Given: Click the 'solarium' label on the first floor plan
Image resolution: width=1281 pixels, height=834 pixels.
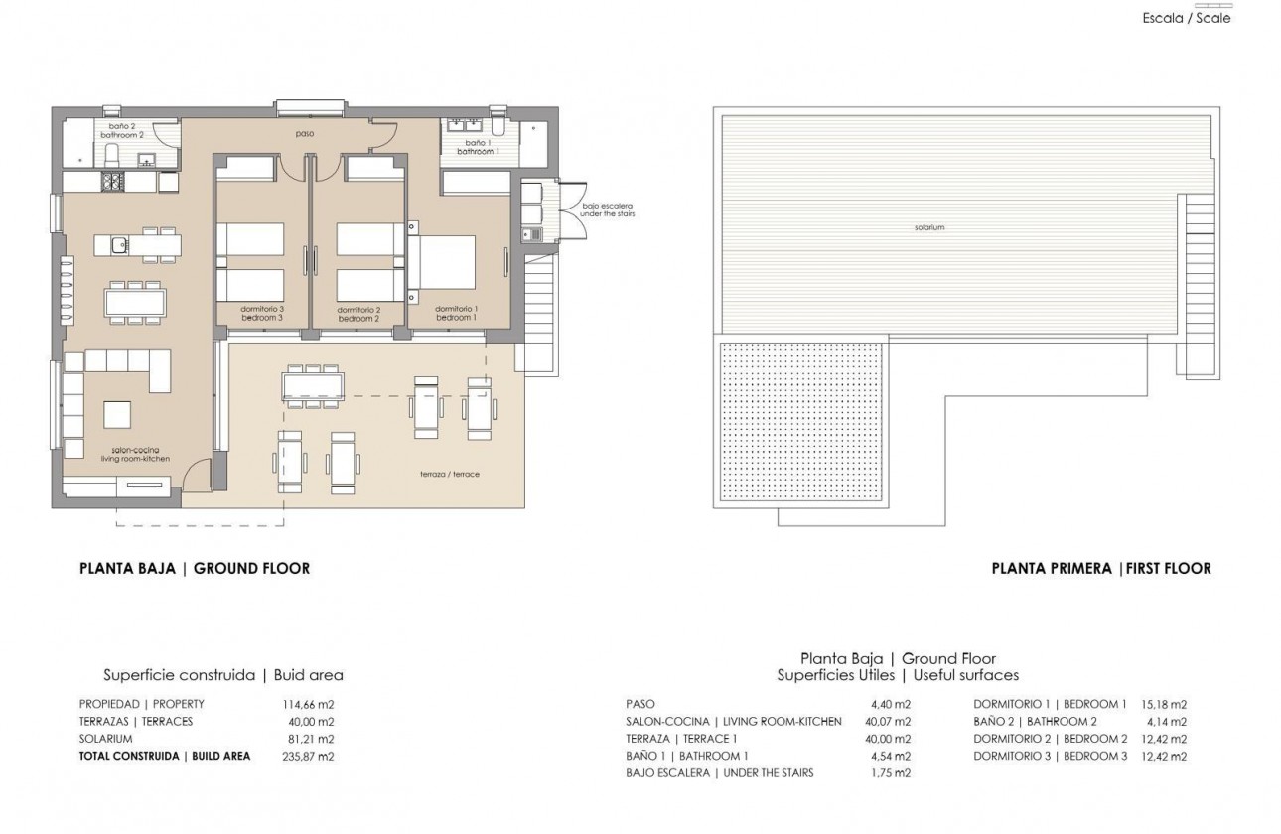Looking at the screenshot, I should [929, 227].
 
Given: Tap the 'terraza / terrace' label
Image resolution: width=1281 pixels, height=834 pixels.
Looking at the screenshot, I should [450, 475].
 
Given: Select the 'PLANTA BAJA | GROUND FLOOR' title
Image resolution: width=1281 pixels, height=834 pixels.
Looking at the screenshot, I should [195, 569].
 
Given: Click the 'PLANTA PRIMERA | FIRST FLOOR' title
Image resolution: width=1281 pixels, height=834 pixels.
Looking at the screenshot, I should [1101, 569].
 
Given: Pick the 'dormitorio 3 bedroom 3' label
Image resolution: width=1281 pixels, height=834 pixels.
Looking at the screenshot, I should [262, 313].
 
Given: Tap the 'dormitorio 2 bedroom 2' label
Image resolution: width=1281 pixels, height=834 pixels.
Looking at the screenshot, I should [358, 314].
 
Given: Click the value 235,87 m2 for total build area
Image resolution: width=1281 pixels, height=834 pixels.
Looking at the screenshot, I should [309, 756].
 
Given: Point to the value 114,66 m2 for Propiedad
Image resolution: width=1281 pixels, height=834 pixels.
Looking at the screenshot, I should [309, 704].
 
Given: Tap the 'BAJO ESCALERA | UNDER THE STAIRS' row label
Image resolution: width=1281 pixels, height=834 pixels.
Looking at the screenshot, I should [720, 772].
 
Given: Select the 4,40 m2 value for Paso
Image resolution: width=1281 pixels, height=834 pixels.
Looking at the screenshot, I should [891, 704].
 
